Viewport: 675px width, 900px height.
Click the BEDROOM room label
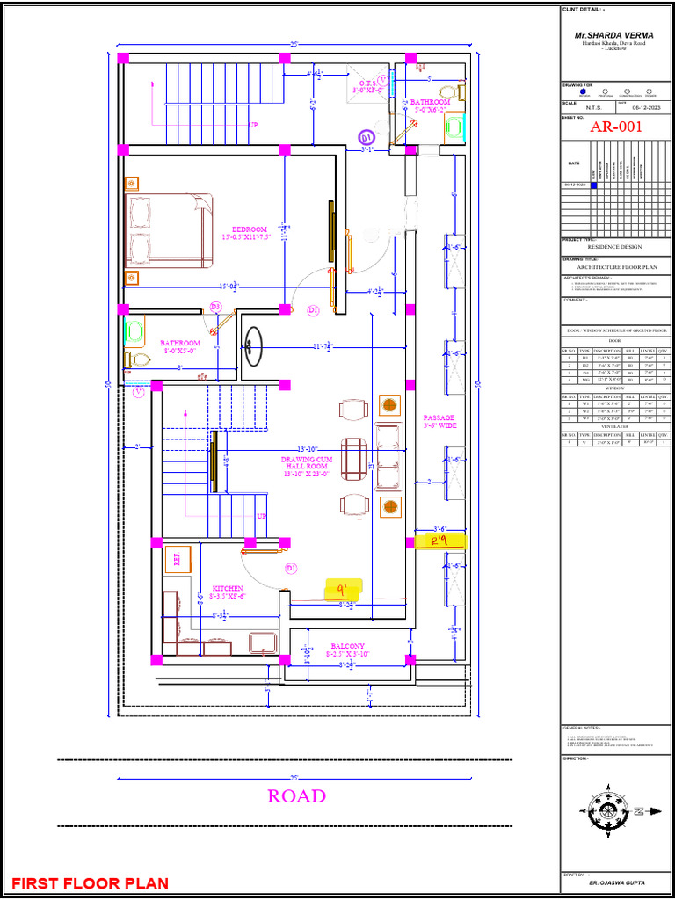pos(250,229)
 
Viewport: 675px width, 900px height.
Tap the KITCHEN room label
pos(228,588)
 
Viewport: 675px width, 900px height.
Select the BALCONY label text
pos(348,646)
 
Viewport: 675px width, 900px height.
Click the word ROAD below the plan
pos(296,796)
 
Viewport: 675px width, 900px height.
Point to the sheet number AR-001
pos(616,127)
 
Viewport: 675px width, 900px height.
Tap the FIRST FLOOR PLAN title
pos(90,882)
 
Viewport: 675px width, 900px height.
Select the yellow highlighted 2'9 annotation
pos(440,541)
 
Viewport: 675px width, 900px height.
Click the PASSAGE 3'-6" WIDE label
pos(439,422)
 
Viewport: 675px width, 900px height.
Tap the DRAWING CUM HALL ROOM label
pos(305,467)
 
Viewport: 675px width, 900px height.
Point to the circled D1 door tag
pos(367,138)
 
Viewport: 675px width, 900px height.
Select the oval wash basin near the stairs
pos(253,345)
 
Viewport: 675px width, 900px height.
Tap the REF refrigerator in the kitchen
pos(176,560)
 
